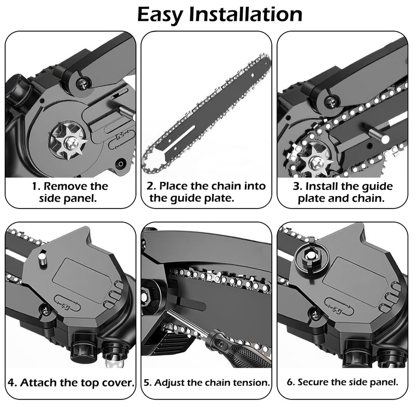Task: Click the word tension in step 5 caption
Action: click(x=252, y=383)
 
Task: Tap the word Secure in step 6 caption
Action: click(x=315, y=383)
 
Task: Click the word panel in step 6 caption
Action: click(x=383, y=383)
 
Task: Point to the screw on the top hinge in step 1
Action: click(x=82, y=81)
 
